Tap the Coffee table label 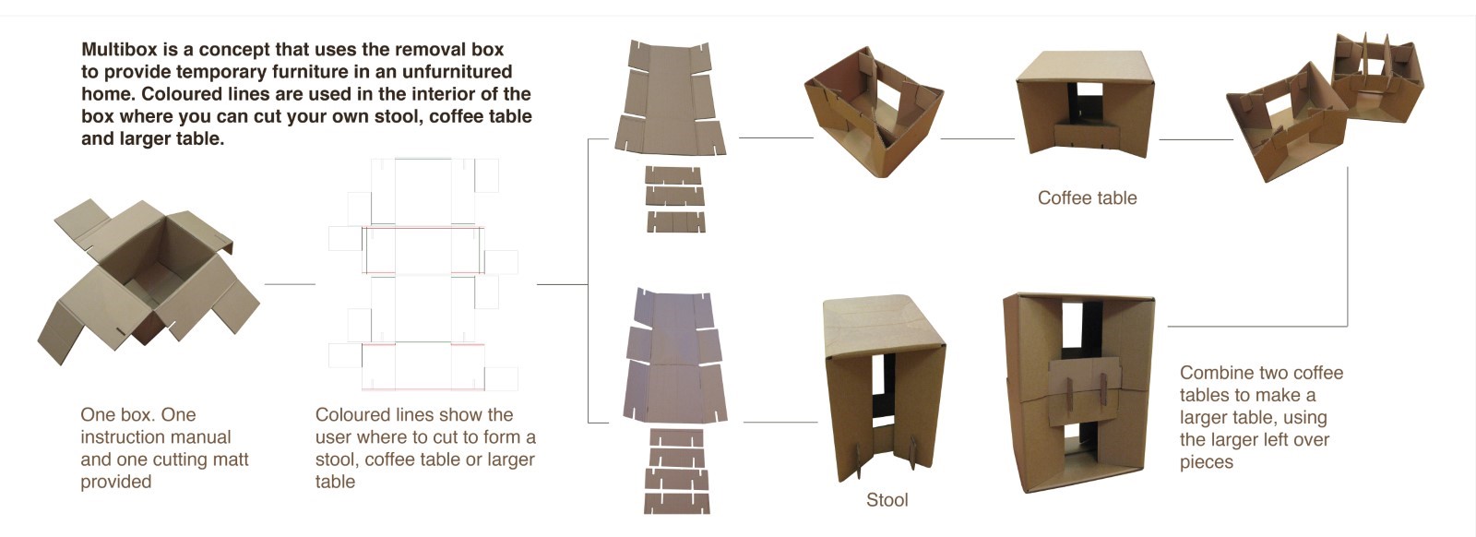coord(1087,198)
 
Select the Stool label coord(887,500)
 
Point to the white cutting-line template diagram coord(423,274)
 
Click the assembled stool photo coord(883,388)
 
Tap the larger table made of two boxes coord(1078,392)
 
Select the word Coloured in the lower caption coord(354,415)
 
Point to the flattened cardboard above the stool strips coord(675,355)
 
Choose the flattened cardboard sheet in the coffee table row coord(671,99)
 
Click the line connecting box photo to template coord(290,284)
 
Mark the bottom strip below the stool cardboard coord(677,503)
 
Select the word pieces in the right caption coord(1206,462)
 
